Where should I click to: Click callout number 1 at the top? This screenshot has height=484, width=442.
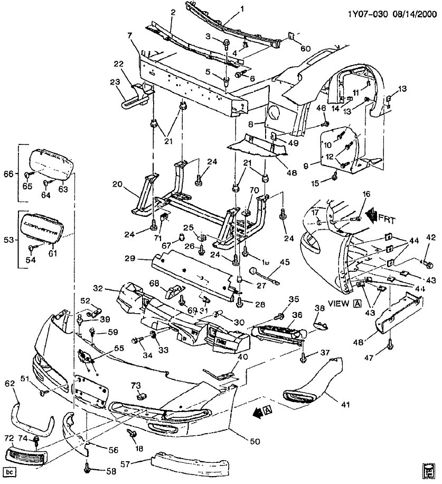(x=242, y=9)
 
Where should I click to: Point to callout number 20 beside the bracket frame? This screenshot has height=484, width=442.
(x=116, y=184)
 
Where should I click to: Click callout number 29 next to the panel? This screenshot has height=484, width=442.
(x=130, y=259)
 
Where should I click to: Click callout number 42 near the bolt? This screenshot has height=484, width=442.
(x=431, y=237)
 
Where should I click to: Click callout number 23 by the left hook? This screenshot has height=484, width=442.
(x=115, y=81)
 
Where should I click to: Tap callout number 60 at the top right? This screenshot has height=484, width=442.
(x=306, y=49)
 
